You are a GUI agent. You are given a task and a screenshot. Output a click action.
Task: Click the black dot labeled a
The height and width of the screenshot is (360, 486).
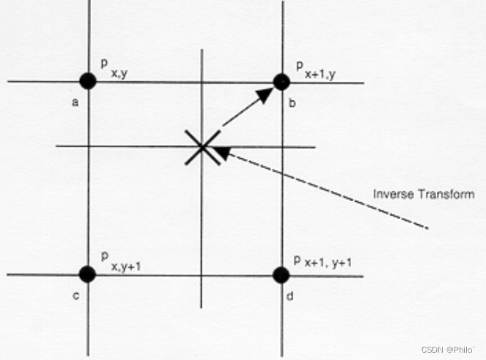tap(88, 81)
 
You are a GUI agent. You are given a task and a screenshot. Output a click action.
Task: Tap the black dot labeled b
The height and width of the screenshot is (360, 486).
tap(281, 81)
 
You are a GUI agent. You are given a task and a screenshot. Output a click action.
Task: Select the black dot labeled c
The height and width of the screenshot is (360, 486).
tap(87, 274)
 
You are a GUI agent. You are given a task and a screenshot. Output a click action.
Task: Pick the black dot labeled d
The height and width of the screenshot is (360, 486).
tap(281, 275)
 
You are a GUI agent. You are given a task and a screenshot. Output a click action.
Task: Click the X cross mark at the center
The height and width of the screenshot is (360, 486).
tap(201, 147)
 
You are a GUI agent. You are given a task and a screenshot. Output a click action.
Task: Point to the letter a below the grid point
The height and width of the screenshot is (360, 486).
tap(75, 103)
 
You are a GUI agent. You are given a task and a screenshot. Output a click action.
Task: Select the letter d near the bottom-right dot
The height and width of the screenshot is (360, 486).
tap(292, 298)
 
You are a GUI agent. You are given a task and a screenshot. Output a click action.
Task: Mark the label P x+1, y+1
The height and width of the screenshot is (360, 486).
tap(323, 262)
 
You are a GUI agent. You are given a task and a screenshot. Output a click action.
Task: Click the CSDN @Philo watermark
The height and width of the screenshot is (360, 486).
tap(449, 350)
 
